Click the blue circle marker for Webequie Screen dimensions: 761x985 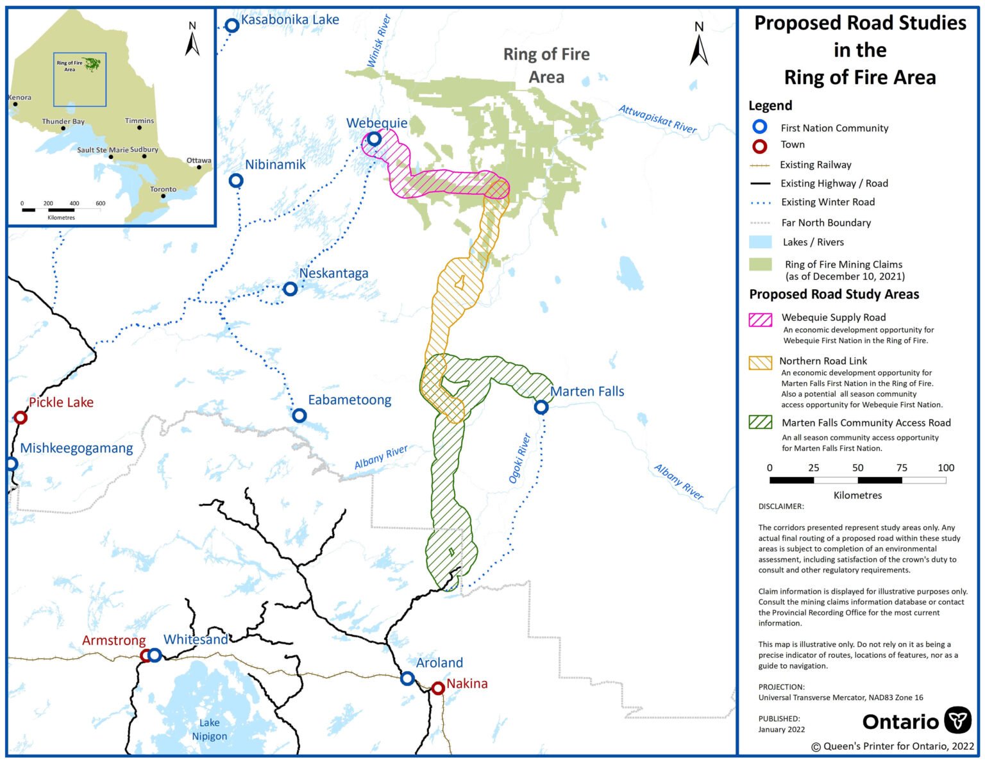coord(374,138)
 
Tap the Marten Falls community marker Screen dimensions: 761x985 coord(541,407)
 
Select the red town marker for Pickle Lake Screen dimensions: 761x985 coord(21,418)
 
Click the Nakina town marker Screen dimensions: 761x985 coord(438,689)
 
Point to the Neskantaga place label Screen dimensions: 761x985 coord(333,273)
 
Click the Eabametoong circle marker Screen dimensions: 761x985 coord(299,415)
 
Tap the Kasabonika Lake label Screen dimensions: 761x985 coord(290,20)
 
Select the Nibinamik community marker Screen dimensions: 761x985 coord(236,181)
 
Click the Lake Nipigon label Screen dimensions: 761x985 coord(209,730)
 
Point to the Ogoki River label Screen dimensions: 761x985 coord(519,458)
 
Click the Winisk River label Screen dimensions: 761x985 coord(378,41)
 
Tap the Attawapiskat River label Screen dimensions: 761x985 coord(657,119)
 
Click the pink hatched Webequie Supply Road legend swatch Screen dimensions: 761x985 coord(761,319)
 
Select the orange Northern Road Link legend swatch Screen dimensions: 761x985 coord(761,363)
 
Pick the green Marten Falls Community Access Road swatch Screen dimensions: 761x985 coord(761,422)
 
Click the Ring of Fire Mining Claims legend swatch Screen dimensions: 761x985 coord(761,264)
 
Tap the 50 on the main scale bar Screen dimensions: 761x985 coord(857,467)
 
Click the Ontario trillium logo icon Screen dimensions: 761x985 coord(959,720)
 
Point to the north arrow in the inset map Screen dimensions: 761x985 coord(192,40)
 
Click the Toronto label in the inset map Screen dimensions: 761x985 coord(163,189)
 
